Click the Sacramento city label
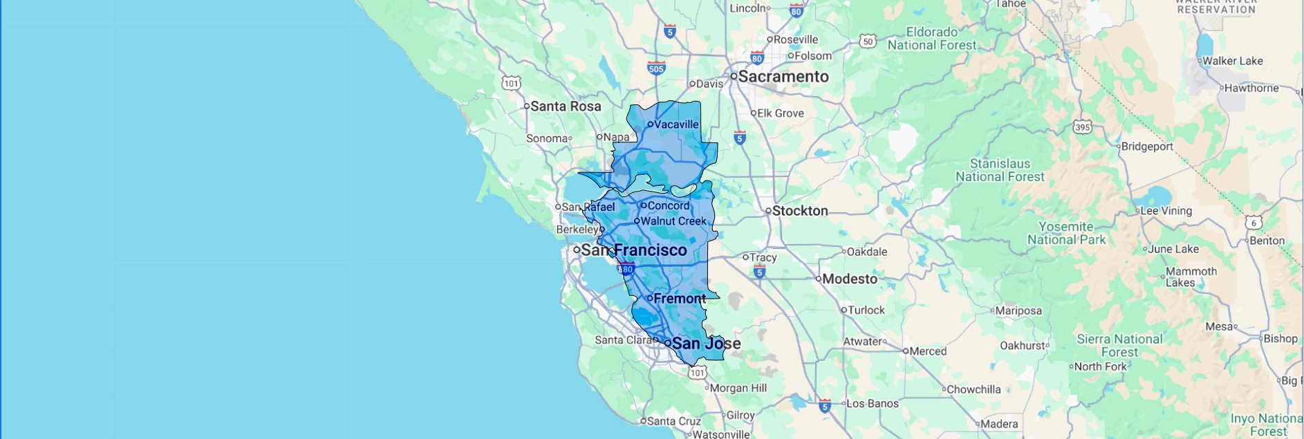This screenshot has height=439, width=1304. pyautogui.click(x=783, y=77)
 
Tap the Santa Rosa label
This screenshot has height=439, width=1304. pyautogui.click(x=566, y=106)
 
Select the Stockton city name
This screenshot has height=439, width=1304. pyautogui.click(x=799, y=211)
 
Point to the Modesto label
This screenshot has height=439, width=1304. pyautogui.click(x=850, y=279)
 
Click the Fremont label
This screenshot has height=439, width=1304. pyautogui.click(x=680, y=299)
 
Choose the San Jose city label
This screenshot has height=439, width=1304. pyautogui.click(x=706, y=344)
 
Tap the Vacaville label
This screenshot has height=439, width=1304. pyautogui.click(x=676, y=124)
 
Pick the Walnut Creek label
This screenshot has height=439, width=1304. pyautogui.click(x=673, y=221)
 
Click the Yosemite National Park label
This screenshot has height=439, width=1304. pyautogui.click(x=1066, y=233)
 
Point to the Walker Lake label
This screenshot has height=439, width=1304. pyautogui.click(x=1232, y=61)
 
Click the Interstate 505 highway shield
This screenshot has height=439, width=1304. pyautogui.click(x=656, y=68)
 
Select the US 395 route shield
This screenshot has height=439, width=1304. pyautogui.click(x=1082, y=127)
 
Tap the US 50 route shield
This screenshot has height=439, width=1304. pyautogui.click(x=868, y=41)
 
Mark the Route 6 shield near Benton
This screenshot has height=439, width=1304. pyautogui.click(x=1254, y=223)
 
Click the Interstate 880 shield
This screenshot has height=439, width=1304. pyautogui.click(x=625, y=269)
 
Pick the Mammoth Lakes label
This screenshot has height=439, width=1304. pyautogui.click(x=1191, y=277)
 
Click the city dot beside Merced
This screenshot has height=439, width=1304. pyautogui.click(x=905, y=351)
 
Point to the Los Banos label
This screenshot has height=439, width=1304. pyautogui.click(x=873, y=404)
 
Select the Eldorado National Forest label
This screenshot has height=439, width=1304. pyautogui.click(x=932, y=39)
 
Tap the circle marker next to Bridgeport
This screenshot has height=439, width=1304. pyautogui.click(x=1118, y=147)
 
